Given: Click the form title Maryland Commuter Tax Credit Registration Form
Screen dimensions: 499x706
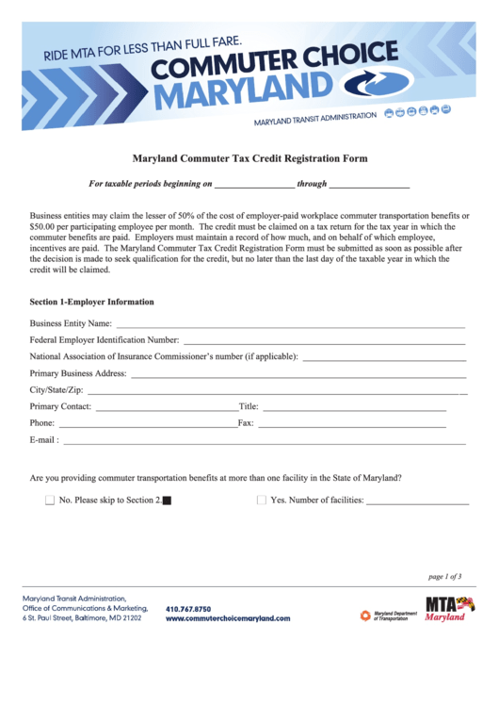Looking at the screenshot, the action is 249,159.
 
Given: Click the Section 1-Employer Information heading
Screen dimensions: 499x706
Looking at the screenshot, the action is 92,302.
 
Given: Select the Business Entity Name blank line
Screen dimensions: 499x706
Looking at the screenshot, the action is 291,325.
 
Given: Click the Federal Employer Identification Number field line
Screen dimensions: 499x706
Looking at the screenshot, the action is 325,341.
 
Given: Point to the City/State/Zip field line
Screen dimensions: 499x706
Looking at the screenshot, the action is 273,391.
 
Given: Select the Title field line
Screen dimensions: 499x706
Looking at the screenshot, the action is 353,408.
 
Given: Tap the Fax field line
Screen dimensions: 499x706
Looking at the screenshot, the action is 351,425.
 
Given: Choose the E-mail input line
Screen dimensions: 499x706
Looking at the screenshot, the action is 264,441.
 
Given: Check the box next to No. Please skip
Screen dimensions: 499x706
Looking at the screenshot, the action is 50,501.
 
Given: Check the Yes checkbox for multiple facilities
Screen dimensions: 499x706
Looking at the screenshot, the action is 262,501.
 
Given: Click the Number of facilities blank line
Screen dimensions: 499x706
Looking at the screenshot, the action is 417,502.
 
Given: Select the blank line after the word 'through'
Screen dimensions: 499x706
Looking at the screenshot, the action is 369,187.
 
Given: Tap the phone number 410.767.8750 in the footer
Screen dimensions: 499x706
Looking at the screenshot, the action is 188,609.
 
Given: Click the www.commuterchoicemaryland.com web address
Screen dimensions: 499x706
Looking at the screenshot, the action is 228,618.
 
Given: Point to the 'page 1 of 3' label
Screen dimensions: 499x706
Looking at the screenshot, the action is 444,576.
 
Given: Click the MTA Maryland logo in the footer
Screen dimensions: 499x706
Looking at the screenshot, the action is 450,609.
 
